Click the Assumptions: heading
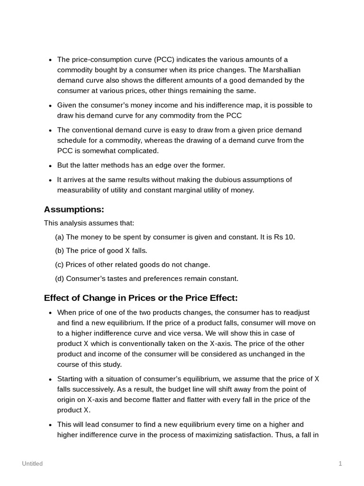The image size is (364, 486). [74, 209]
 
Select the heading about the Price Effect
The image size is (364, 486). [141, 298]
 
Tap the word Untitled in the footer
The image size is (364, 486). [32, 464]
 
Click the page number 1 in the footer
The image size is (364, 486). [340, 464]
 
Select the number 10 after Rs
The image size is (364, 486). [290, 237]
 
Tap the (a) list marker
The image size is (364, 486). [60, 237]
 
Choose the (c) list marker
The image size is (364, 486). [59, 264]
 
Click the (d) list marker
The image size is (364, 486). [60, 278]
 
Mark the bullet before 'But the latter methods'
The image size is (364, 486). [51, 166]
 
